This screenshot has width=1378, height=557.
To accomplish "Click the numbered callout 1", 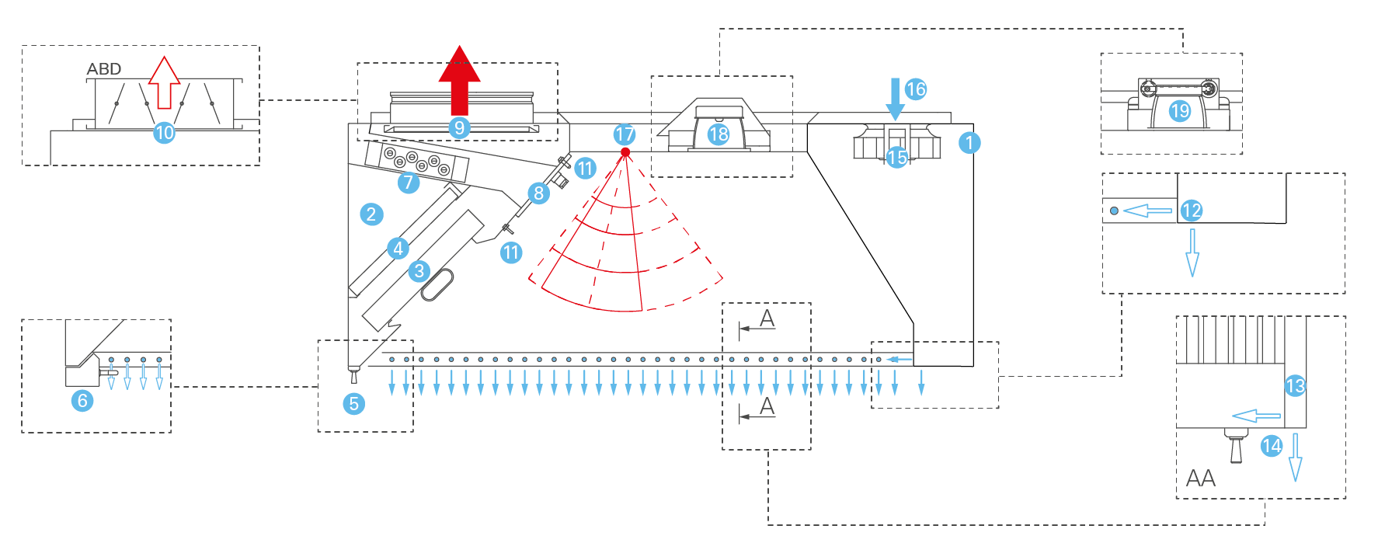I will coord(969,143).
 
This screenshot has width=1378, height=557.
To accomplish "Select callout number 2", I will coord(371,214).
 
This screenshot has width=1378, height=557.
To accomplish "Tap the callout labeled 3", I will coord(419,270).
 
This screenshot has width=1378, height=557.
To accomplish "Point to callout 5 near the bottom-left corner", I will coord(354,403).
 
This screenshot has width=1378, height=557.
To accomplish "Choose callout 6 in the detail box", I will coord(82,401).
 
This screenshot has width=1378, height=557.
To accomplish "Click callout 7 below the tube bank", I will coord(409,182).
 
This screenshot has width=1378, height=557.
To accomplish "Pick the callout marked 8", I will coord(538,193).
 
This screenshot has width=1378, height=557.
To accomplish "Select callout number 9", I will coord(459,127).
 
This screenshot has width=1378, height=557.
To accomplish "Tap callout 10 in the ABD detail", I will coord(164,133).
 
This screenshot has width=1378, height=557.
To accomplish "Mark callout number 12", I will coord(1192,210).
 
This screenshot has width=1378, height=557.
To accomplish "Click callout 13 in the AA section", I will coord(1296,385).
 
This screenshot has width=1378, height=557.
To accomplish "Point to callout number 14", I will coord(1272,446).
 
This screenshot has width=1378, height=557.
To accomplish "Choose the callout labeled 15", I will coord(897,158).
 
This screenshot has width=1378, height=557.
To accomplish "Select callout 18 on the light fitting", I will coord(719,134).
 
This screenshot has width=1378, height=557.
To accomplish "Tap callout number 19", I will coord(1180,111).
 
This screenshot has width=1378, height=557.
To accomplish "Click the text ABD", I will coord(104,69).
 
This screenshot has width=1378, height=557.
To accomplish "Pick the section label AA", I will coord(1201,479).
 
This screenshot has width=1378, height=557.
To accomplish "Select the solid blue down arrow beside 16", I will coord(895,98).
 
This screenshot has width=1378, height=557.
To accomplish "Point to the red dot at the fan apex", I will coord(625,151).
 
